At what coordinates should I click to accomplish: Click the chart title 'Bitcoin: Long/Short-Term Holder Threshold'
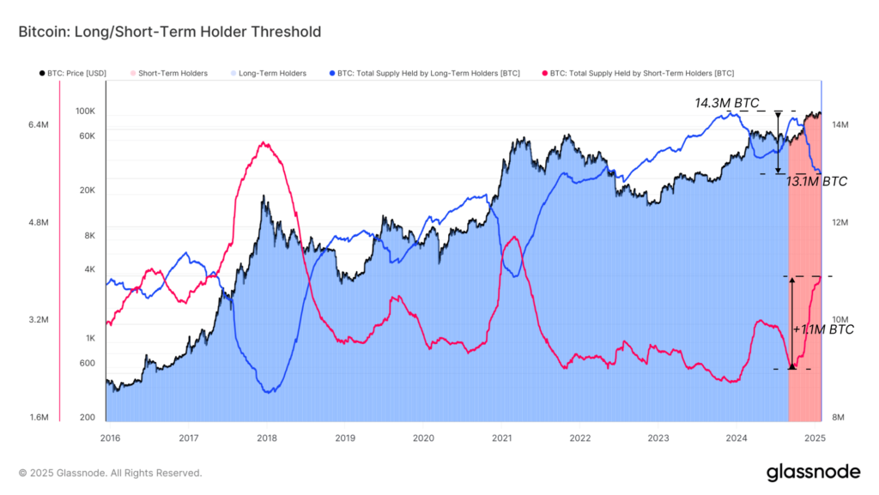[x=169, y=32]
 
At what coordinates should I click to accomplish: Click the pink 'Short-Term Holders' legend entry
[x=172, y=74]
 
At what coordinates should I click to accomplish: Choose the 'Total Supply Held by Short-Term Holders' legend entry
[x=641, y=74]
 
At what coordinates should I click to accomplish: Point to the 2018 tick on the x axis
[x=266, y=438]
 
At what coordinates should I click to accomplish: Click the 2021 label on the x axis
[x=501, y=438]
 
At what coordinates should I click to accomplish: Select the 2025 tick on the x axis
[x=815, y=438]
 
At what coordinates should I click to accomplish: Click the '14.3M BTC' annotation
[x=726, y=103]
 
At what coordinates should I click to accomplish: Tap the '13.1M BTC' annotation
[x=816, y=182]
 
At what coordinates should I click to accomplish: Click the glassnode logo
[x=812, y=473]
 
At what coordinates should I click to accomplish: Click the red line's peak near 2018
[x=264, y=143]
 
